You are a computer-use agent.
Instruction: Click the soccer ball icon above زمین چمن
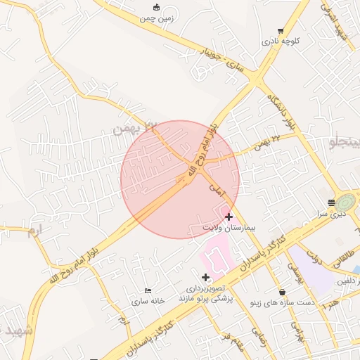click(156, 8)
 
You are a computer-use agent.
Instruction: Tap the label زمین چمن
click(156, 19)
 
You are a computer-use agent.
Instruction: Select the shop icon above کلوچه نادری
click(281, 31)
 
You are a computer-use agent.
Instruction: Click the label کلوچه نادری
click(281, 41)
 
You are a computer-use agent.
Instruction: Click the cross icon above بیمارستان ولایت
click(229, 217)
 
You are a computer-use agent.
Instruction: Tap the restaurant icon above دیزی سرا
click(331, 202)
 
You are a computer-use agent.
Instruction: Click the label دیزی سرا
click(330, 212)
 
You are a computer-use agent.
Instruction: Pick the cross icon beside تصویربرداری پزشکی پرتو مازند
click(205, 277)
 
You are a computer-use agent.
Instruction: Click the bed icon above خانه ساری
click(147, 290)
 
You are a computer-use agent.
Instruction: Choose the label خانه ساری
click(147, 301)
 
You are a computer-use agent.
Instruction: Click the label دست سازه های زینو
click(282, 303)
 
